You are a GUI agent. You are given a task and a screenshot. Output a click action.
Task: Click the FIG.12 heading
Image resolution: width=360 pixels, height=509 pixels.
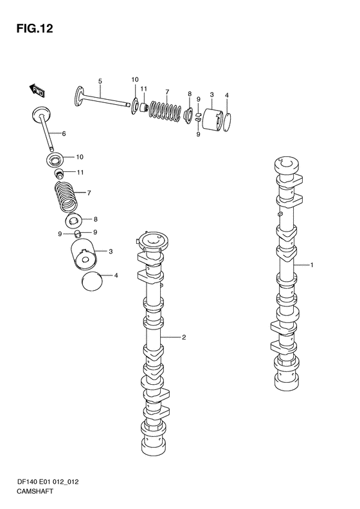point(34,28)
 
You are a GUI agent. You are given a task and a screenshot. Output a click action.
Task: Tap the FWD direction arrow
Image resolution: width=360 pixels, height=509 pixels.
point(37,91)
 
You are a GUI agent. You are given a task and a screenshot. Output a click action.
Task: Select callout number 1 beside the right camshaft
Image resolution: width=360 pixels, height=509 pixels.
point(312,265)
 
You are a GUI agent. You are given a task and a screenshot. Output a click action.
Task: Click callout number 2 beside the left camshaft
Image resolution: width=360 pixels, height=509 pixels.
point(184,337)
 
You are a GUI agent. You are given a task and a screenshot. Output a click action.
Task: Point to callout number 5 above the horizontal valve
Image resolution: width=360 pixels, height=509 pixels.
point(100,81)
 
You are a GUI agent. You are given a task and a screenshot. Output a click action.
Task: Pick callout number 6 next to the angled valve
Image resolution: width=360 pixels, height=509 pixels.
point(64,133)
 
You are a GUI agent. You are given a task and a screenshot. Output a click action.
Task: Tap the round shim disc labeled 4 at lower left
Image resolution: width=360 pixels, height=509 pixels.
point(92,281)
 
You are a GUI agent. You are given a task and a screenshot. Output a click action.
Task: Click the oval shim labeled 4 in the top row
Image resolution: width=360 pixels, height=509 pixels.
point(228,122)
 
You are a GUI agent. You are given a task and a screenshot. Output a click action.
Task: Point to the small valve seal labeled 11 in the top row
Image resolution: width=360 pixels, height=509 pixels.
point(143,106)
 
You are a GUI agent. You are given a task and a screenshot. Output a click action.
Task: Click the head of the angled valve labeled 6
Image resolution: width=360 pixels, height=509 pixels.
point(42,114)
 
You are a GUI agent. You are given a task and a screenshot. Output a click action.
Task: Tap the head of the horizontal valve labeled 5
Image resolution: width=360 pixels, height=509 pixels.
point(79,96)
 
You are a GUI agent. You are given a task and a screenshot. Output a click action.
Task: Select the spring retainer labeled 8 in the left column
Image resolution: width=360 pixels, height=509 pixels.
point(74,221)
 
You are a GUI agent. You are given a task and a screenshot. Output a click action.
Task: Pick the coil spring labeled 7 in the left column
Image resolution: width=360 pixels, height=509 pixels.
point(66,196)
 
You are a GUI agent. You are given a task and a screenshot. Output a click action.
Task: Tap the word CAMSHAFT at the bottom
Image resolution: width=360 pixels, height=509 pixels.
point(35,491)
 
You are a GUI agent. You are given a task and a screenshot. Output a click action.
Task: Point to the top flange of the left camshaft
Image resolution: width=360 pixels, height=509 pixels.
point(152,242)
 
